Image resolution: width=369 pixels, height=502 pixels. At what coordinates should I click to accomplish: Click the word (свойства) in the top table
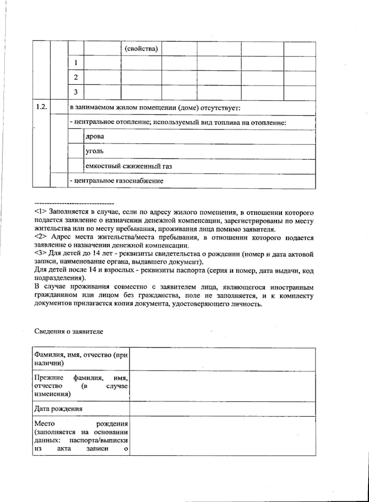(141, 49)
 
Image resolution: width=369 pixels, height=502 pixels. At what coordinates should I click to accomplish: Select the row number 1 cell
(76, 63)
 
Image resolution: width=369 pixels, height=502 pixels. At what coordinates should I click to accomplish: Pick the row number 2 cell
(76, 78)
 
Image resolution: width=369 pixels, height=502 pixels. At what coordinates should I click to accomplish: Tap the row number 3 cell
(76, 92)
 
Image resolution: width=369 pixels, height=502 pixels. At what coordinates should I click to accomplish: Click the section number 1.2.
(41, 107)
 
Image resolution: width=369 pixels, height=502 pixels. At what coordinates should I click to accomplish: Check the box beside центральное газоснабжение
(59, 181)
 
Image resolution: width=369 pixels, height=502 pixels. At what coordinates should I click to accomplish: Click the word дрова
(94, 137)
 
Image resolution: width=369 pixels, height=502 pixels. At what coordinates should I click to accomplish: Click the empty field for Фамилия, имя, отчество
(223, 360)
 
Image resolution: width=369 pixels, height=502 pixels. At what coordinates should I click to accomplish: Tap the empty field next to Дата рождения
(223, 409)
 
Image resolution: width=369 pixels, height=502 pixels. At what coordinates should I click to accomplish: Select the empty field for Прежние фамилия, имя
(223, 386)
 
